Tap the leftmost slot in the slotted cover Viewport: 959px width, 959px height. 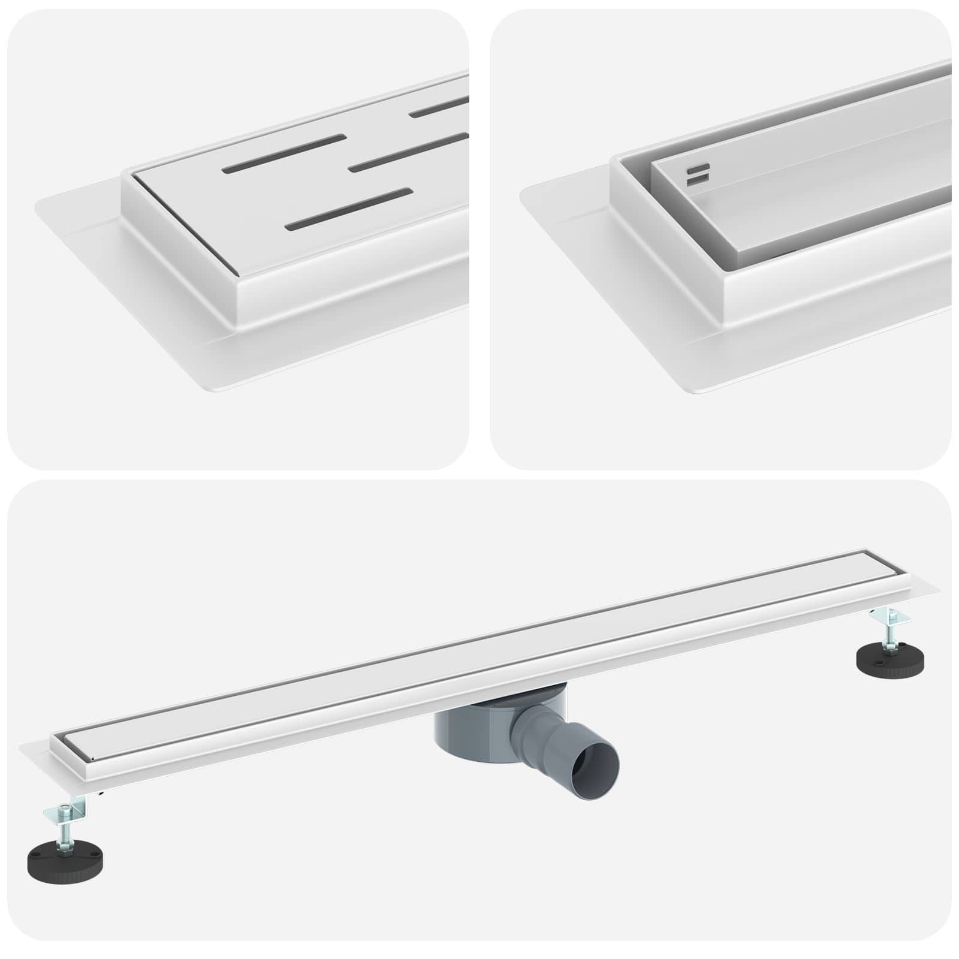click(x=284, y=154)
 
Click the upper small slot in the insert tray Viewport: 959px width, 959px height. click(x=698, y=167)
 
